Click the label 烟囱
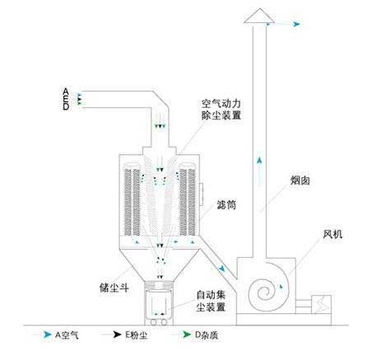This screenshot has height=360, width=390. coord(300,180)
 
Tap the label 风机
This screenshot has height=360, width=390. coord(332,234)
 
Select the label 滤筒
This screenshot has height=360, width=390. coord(226,204)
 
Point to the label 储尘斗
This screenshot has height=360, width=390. coord(114,288)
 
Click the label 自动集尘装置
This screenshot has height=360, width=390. coord(211,301)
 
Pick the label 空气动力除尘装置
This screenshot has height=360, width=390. coord(221,110)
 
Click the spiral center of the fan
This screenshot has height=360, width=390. coord(265,292)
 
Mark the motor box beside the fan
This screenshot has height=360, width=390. coord(321,304)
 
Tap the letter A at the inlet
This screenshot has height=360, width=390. coord(66,91)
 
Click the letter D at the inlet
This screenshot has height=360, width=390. coord(66,106)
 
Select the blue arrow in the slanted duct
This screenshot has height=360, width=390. coord(221,268)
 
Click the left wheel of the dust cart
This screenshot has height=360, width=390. coord(153,322)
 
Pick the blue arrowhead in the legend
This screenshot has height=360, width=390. coord(48,334)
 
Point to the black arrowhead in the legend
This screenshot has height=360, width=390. coord(118,334)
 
